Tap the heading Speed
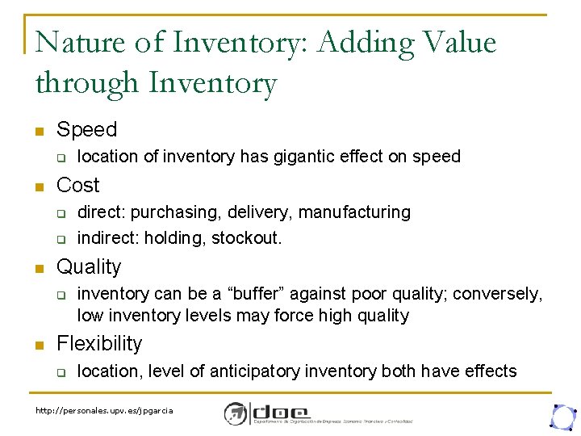86,129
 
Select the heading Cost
78,185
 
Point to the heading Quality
89,266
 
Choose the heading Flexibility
98,343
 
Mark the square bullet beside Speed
38,131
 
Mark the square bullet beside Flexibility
38,345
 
